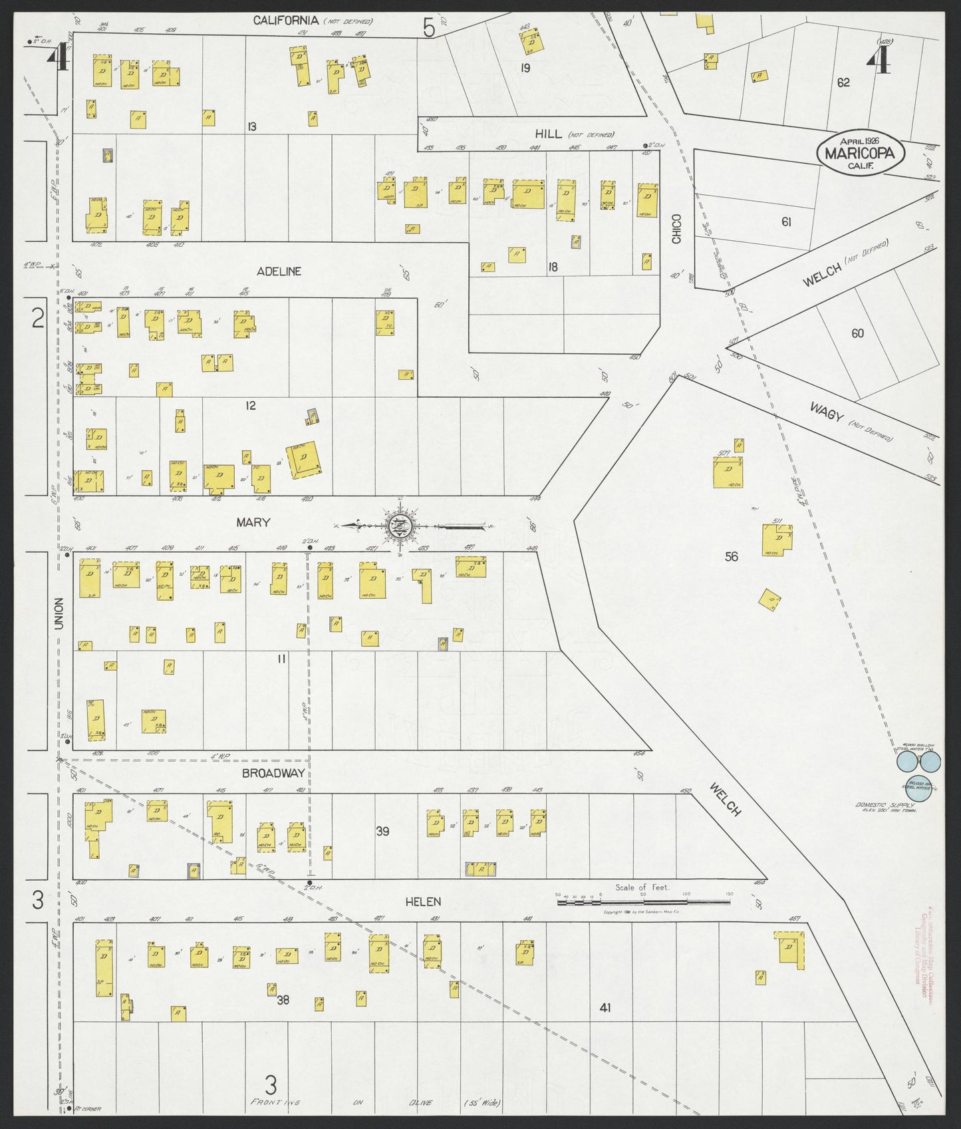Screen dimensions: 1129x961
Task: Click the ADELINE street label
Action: pyautogui.click(x=279, y=271)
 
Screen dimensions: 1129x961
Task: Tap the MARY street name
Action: pyautogui.click(x=253, y=522)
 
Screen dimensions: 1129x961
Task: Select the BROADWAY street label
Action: pyautogui.click(x=273, y=772)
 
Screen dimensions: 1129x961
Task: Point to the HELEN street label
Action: pyautogui.click(x=423, y=901)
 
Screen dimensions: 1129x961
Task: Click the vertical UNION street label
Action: pyautogui.click(x=59, y=614)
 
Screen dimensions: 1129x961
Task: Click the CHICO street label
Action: pyautogui.click(x=676, y=228)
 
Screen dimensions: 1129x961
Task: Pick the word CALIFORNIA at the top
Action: pyautogui.click(x=286, y=21)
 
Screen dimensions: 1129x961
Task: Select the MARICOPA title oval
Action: pyautogui.click(x=861, y=153)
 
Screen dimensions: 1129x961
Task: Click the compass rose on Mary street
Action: pyautogui.click(x=400, y=526)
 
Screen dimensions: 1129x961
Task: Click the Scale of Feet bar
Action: pyautogui.click(x=643, y=902)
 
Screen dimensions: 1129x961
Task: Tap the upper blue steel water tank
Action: pyautogui.click(x=908, y=760)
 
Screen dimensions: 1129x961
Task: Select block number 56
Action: pyautogui.click(x=731, y=556)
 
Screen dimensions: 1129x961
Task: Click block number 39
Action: pyautogui.click(x=382, y=830)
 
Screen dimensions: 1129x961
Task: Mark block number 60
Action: pyautogui.click(x=857, y=333)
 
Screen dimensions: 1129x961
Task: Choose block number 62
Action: pyautogui.click(x=843, y=82)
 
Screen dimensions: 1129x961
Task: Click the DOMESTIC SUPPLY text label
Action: pyautogui.click(x=885, y=806)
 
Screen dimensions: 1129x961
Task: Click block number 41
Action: pyautogui.click(x=604, y=1007)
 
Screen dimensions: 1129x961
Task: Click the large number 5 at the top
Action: pyautogui.click(x=428, y=28)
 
